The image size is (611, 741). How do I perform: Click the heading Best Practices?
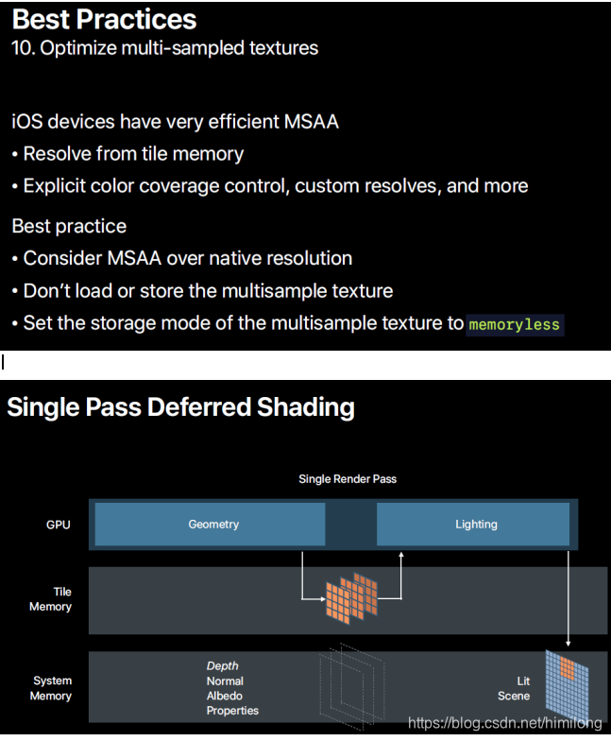click(104, 20)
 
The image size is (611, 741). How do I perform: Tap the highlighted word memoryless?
click(515, 324)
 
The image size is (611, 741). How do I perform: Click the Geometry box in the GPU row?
click(213, 525)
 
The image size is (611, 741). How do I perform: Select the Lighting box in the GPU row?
click(475, 525)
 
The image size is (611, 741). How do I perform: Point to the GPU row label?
click(59, 525)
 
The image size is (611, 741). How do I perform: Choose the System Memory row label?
click(52, 688)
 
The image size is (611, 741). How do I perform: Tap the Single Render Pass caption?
click(348, 479)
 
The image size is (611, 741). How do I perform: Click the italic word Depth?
click(222, 666)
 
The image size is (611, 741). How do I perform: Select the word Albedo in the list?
click(225, 696)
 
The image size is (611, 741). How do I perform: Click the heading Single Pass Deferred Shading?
click(181, 407)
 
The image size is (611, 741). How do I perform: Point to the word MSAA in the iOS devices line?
click(311, 121)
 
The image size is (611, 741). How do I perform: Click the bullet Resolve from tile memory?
click(133, 153)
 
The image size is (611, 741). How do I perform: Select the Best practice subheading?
click(69, 226)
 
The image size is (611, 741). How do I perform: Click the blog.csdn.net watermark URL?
click(504, 723)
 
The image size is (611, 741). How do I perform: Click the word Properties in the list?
click(232, 711)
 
